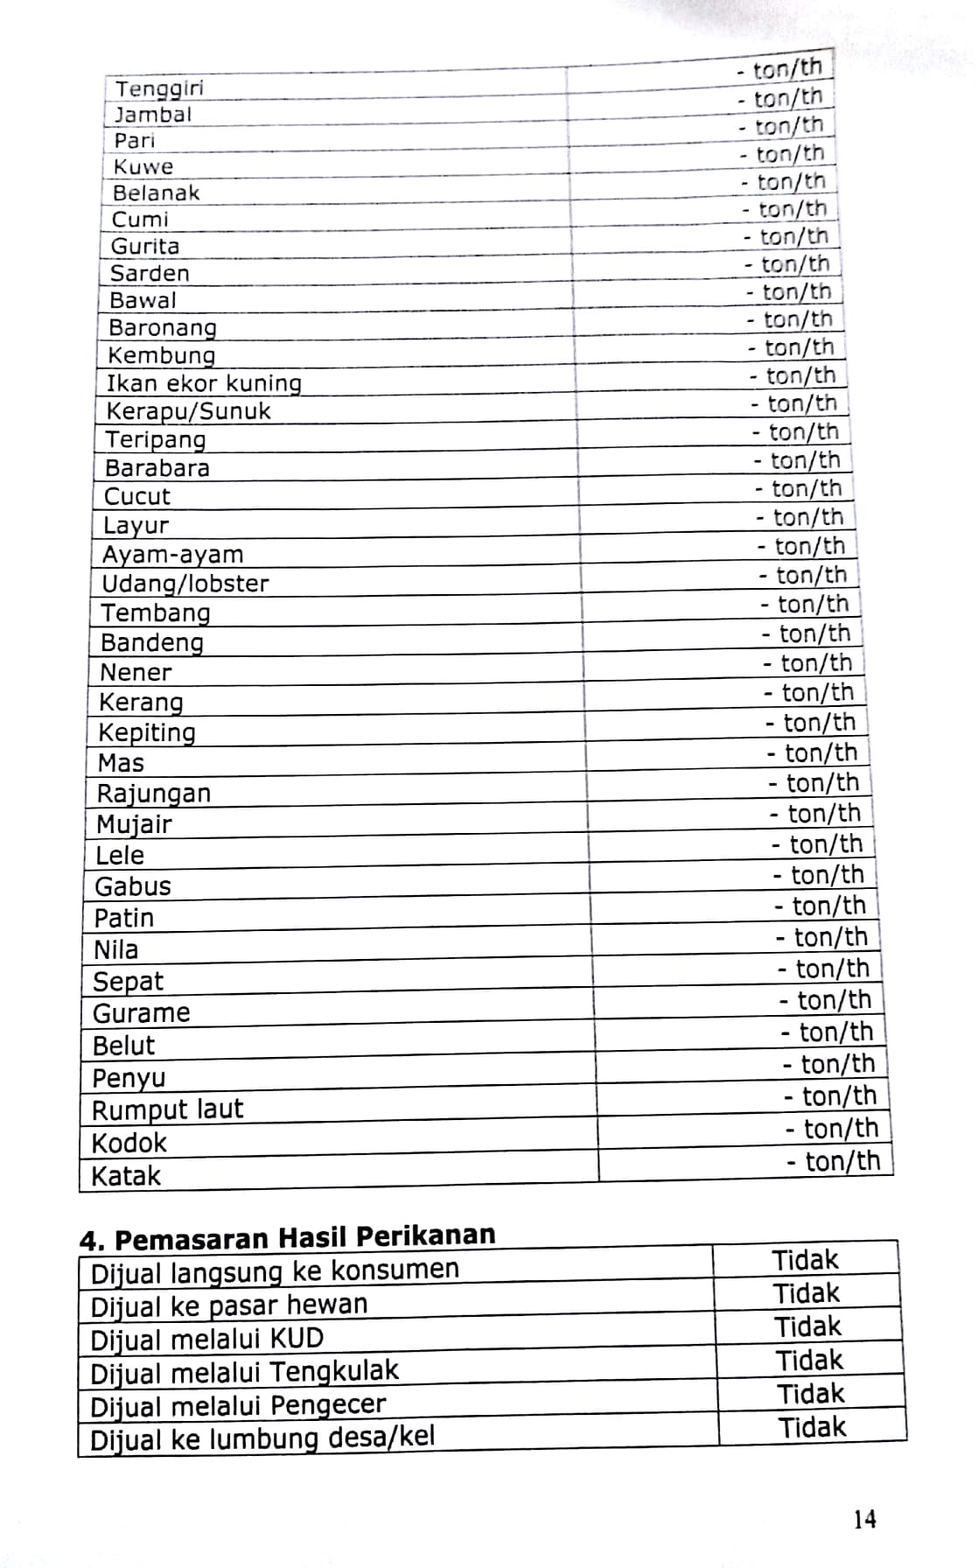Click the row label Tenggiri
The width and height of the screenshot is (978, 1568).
(158, 88)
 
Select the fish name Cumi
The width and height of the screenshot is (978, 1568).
(140, 220)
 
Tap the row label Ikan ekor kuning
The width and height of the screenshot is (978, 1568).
(204, 383)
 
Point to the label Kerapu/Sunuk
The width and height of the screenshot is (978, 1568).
(188, 411)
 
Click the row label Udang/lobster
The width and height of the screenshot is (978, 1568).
(185, 584)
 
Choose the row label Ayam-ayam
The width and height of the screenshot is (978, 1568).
(172, 555)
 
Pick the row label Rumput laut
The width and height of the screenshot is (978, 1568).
(167, 1110)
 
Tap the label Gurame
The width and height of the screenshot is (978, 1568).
(141, 1013)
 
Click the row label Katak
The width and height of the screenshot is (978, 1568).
(126, 1176)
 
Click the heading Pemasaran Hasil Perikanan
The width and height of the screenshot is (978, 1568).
(304, 1238)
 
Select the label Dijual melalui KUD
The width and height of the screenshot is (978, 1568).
(206, 1340)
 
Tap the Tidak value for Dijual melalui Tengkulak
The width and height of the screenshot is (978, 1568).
(809, 1361)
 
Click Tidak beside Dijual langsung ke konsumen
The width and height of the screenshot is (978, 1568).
(805, 1260)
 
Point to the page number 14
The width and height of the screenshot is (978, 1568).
(864, 1519)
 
